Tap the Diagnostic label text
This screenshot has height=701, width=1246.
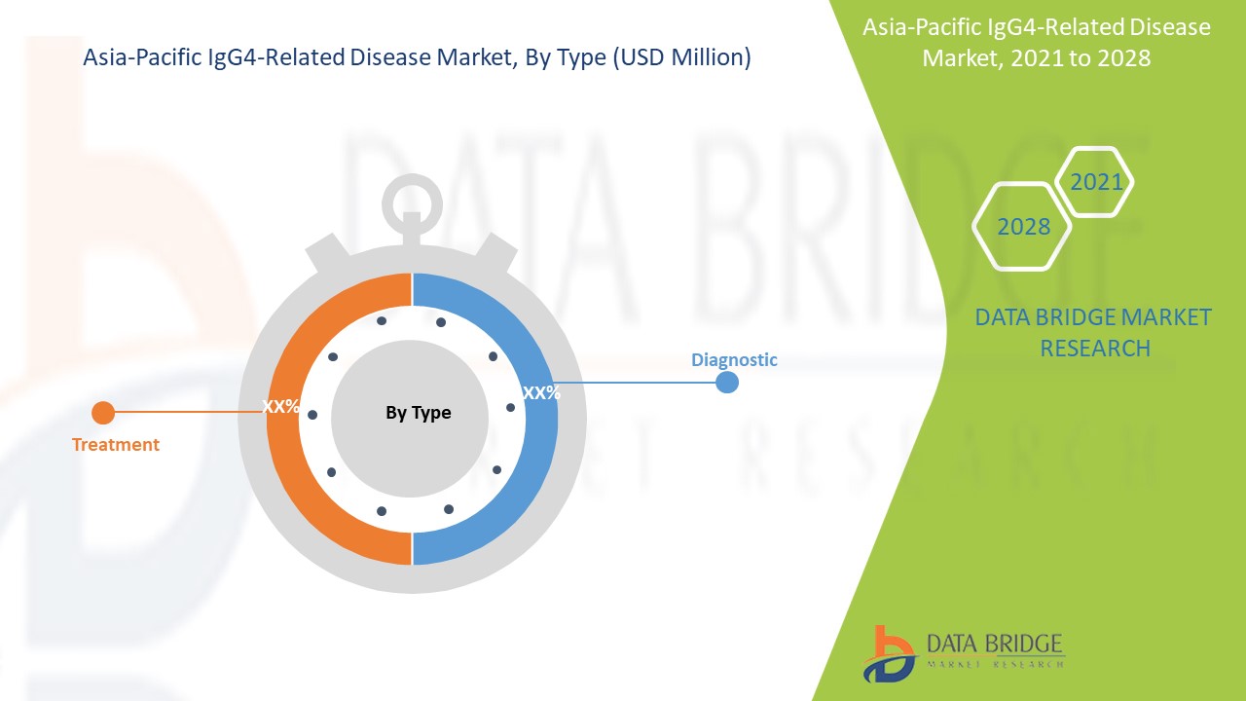pos(734,359)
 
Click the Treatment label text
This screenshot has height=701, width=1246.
pos(115,445)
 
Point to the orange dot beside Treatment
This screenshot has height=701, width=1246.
pos(102,413)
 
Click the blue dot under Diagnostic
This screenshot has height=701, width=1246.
pos(726,383)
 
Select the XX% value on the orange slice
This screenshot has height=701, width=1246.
pos(280,407)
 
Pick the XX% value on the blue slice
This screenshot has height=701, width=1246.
pos(541,393)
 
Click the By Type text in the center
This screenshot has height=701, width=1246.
pos(418,413)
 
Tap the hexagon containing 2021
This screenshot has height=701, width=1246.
pos(1095,182)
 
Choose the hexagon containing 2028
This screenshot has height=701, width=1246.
pos(1023,227)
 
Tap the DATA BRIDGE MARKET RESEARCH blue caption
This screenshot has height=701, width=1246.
pos(1094,332)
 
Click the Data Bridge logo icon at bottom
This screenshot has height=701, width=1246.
pos(888,653)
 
